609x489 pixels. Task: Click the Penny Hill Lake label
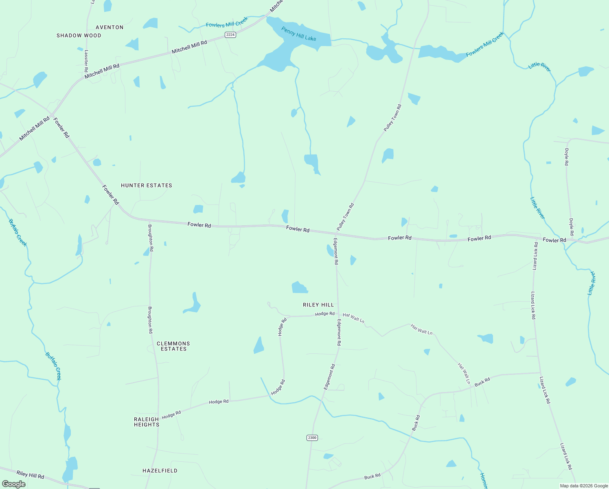pyautogui.click(x=298, y=33)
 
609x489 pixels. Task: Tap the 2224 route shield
pyautogui.click(x=230, y=35)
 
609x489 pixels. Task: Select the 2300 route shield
pyautogui.click(x=312, y=438)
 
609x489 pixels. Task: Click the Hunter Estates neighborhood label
pyautogui.click(x=147, y=185)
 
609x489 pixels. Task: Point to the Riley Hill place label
pyautogui.click(x=318, y=305)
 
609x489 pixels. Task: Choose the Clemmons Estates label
pyautogui.click(x=173, y=346)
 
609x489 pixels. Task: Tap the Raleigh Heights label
pyautogui.click(x=147, y=422)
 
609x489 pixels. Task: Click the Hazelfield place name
pyautogui.click(x=160, y=471)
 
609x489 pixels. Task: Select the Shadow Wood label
pyautogui.click(x=79, y=35)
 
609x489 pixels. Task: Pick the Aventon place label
pyautogui.click(x=110, y=27)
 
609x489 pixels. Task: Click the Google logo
pyautogui.click(x=14, y=484)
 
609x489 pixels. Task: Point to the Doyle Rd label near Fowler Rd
pyautogui.click(x=572, y=227)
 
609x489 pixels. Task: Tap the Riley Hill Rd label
pyautogui.click(x=30, y=475)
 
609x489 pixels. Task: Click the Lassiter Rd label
pyautogui.click(x=86, y=61)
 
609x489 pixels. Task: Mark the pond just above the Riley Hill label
pyautogui.click(x=300, y=288)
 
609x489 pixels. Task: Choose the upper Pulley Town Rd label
pyautogui.click(x=393, y=118)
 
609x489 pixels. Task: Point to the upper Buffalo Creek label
pyautogui.click(x=18, y=233)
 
